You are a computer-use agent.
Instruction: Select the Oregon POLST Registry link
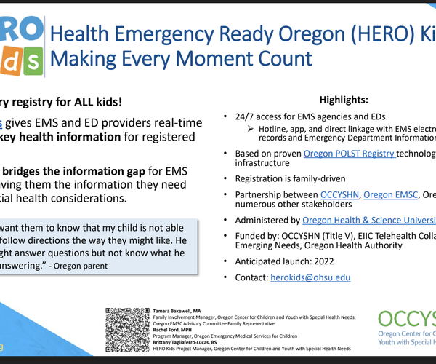tap(349, 154)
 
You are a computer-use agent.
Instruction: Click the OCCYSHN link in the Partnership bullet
tap(341, 195)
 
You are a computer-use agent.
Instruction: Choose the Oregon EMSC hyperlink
tap(390, 195)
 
